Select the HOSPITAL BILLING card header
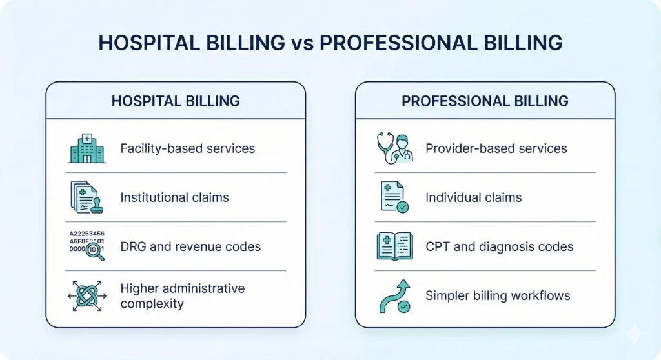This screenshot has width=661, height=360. (x=176, y=101)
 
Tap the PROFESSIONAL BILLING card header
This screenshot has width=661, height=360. (x=485, y=101)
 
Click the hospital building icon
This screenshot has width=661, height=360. (x=86, y=148)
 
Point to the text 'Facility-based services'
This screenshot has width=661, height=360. (x=187, y=148)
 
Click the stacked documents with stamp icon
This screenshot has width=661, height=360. (x=86, y=197)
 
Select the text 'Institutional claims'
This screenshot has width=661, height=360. (x=174, y=197)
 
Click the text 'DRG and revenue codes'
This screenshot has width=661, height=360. (x=190, y=246)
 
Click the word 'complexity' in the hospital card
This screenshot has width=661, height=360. (x=152, y=303)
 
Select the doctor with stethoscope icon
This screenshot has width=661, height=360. (x=395, y=148)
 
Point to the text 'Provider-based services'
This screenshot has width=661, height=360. (x=496, y=148)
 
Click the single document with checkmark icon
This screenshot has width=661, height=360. (x=394, y=197)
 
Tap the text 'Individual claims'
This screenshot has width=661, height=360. (x=473, y=197)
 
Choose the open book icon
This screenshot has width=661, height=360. (x=394, y=246)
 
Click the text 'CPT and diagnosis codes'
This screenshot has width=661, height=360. (x=499, y=246)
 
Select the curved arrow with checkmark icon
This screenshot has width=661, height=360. (x=394, y=296)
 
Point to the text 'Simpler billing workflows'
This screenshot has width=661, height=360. (x=498, y=296)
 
